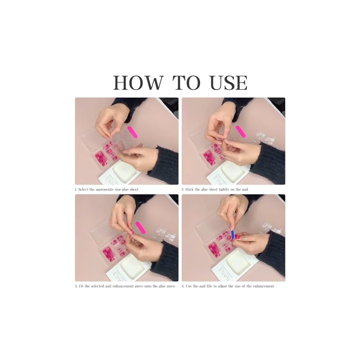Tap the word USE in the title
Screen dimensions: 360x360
[229, 83]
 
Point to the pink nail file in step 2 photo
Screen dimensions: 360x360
[240, 132]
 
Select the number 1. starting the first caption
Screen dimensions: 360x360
[76, 189]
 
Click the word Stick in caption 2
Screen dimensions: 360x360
[190, 189]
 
